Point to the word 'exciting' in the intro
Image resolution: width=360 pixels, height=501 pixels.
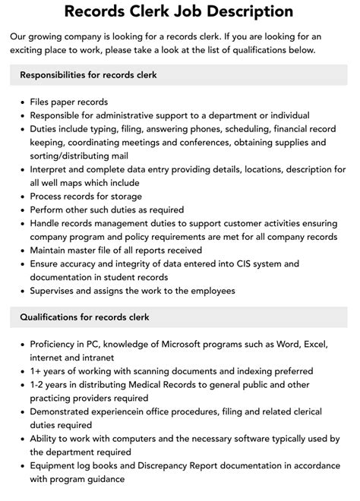pos(33,50)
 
